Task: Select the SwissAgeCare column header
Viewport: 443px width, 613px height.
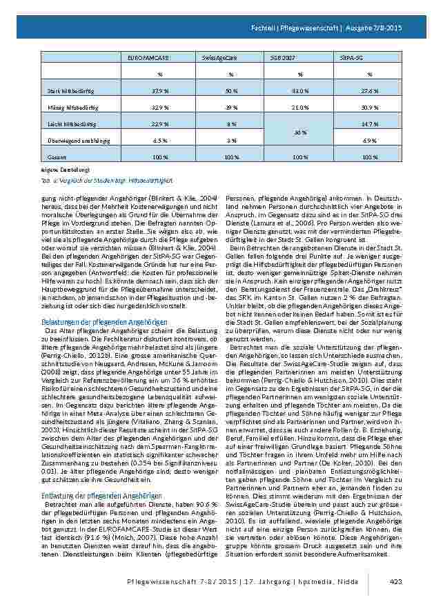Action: [x=215, y=60]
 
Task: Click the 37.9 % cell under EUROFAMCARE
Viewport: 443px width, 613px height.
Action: [x=160, y=90]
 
